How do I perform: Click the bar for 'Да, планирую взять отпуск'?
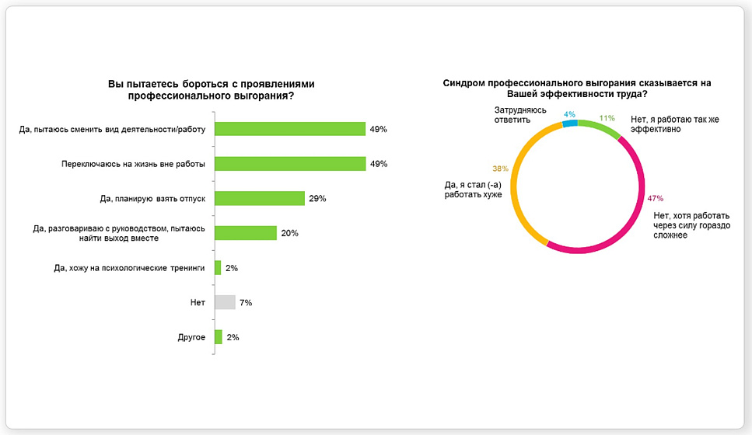click(x=260, y=198)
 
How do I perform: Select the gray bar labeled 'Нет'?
click(x=225, y=302)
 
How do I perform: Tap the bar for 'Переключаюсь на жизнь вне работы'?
click(x=290, y=164)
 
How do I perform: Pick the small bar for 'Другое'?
click(x=219, y=337)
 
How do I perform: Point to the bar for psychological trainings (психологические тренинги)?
click(x=218, y=268)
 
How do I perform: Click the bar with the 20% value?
click(x=246, y=233)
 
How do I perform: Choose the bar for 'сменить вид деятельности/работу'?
click(x=290, y=129)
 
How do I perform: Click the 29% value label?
click(x=317, y=198)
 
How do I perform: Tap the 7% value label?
click(x=246, y=303)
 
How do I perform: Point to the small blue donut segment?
click(x=570, y=124)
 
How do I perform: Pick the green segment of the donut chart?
click(x=600, y=127)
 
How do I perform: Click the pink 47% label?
click(x=655, y=198)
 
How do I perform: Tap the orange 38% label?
click(x=500, y=169)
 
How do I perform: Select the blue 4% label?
click(x=569, y=114)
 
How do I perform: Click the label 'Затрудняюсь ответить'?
click(x=520, y=115)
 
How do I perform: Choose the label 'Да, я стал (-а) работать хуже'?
click(x=474, y=190)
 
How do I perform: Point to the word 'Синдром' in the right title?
click(x=463, y=83)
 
